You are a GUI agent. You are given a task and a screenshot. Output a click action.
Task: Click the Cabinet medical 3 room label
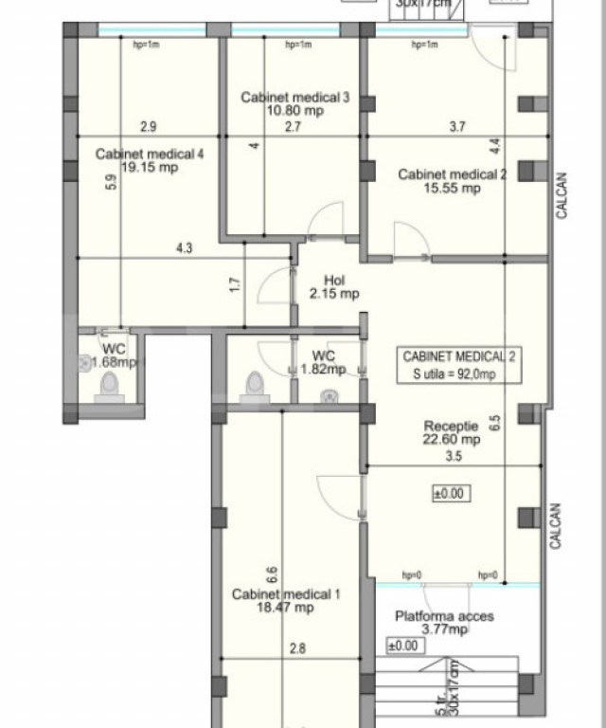click(282, 97)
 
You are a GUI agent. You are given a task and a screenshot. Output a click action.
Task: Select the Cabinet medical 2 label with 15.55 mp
click(453, 181)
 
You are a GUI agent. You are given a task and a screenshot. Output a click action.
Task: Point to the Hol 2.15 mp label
click(334, 287)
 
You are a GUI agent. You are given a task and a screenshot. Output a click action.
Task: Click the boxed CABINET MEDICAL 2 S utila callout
click(459, 365)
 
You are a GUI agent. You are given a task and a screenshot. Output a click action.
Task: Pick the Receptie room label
click(451, 427)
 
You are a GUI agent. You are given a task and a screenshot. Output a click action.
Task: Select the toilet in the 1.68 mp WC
click(109, 385)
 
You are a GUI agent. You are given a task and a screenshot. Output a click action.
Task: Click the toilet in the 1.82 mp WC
click(254, 384)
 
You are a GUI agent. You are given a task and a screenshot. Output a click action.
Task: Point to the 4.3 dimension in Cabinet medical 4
click(184, 249)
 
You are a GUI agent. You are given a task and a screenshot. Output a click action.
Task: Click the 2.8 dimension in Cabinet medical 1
click(298, 649)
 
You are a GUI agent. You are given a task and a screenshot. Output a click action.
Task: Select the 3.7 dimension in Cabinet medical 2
click(457, 126)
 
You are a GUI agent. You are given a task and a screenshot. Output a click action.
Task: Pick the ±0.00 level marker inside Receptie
click(451, 493)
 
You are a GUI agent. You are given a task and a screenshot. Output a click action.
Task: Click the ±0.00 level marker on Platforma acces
click(402, 646)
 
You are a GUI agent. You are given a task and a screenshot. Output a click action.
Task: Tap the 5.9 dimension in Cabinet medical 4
click(112, 184)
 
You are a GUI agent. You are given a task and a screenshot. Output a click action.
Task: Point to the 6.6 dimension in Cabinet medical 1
click(272, 573)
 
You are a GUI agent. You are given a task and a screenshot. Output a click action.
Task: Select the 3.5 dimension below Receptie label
click(453, 457)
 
